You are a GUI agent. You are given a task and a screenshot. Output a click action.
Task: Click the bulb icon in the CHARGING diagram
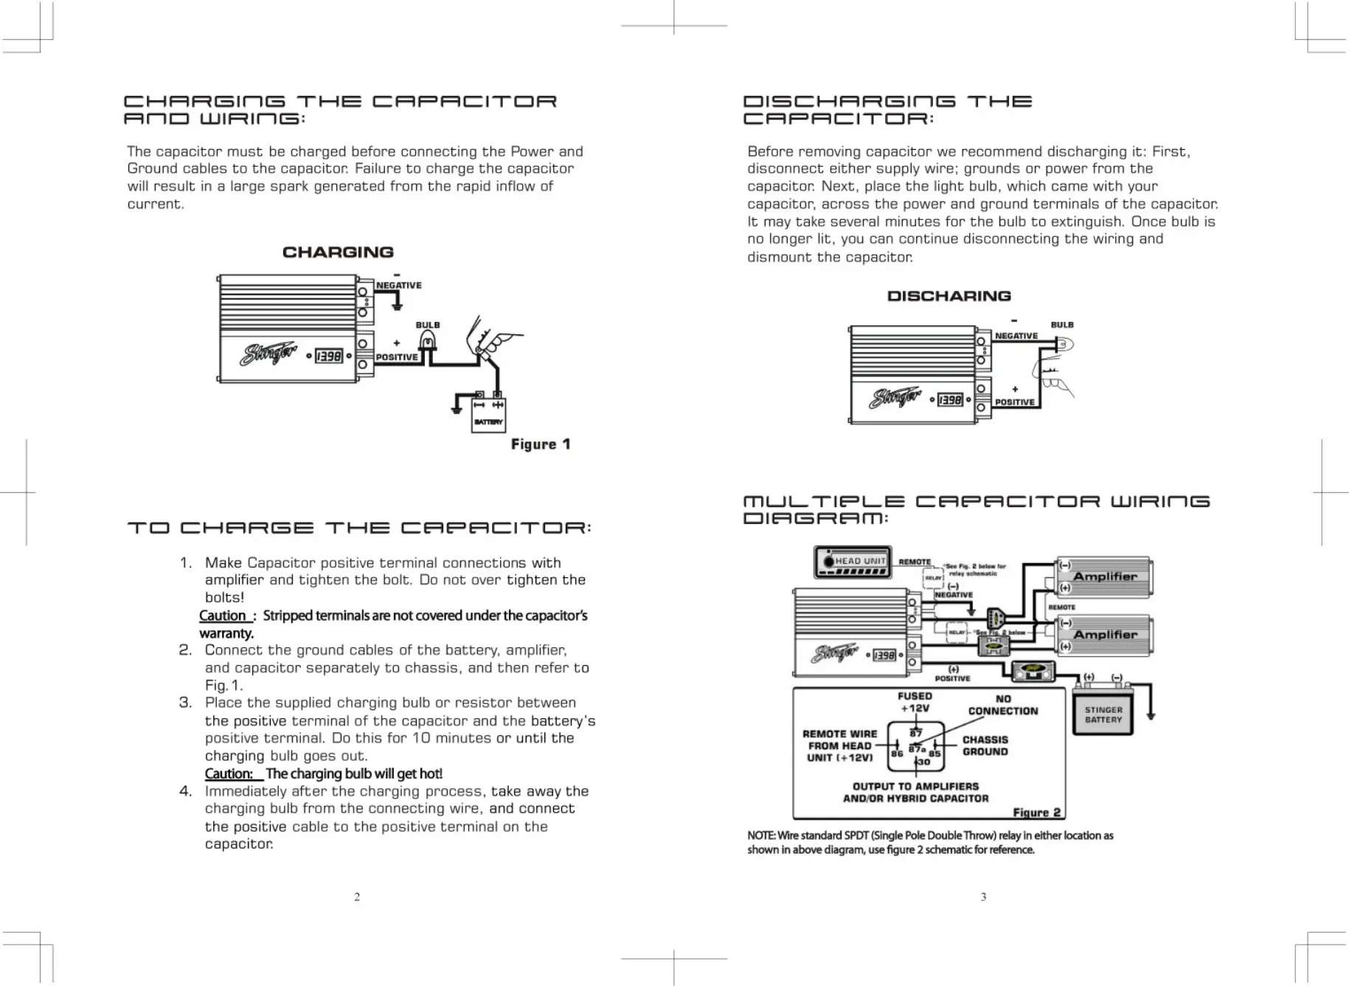point(427,341)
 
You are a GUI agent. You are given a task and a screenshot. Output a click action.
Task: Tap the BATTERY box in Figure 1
point(488,415)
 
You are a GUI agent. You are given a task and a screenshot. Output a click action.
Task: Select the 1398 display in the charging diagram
point(329,356)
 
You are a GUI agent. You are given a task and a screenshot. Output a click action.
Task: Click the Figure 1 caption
point(541,444)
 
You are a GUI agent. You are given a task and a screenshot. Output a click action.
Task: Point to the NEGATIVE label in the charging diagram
point(398,286)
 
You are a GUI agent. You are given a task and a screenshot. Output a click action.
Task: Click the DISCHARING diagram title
point(949,296)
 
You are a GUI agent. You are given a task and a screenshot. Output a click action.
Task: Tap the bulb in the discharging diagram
point(1064,344)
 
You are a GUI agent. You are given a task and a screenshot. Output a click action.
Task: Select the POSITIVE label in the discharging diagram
point(1014,402)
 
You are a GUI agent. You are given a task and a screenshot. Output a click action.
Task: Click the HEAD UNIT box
point(853,562)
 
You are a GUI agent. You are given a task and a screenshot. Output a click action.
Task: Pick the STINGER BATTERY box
point(1103,714)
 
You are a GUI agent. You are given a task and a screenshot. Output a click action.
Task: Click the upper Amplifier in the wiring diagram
point(1104,577)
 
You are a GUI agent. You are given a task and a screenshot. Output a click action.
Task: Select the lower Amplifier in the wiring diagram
point(1104,635)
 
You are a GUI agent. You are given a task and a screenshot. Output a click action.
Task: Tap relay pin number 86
point(897,754)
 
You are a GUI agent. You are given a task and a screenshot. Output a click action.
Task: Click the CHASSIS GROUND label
point(985,745)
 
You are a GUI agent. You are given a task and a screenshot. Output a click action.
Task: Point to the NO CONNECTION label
point(1002,705)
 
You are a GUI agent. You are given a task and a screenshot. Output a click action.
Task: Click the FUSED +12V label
point(915,702)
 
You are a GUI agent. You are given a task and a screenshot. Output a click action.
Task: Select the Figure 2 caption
point(1036,813)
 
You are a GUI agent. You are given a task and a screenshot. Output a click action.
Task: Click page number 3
point(983,897)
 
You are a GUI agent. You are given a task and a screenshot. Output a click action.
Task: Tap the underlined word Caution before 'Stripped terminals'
point(223,616)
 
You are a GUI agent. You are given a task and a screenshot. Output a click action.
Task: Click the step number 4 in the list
point(185,791)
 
